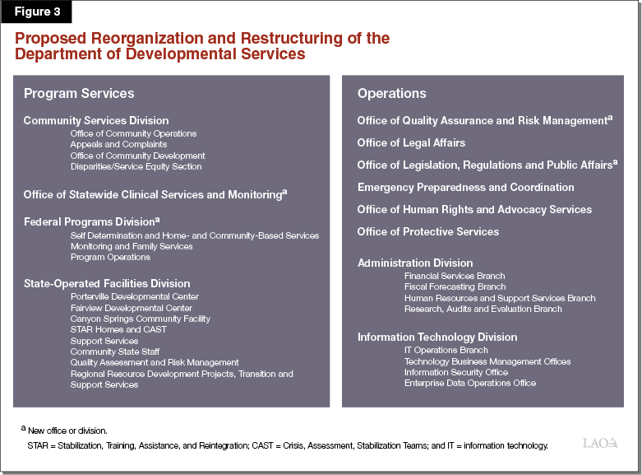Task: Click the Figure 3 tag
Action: pyautogui.click(x=36, y=12)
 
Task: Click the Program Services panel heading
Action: pyautogui.click(x=79, y=94)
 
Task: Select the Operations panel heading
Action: pyautogui.click(x=391, y=94)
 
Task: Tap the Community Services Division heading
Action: pyautogui.click(x=96, y=121)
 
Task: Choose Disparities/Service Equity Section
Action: pyautogui.click(x=136, y=166)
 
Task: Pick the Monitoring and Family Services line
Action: pyautogui.click(x=132, y=246)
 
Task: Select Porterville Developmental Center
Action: pyautogui.click(x=135, y=296)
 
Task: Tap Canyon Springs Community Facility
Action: pyautogui.click(x=141, y=319)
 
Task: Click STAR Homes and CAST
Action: pyautogui.click(x=118, y=329)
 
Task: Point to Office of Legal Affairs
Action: pyautogui.click(x=411, y=143)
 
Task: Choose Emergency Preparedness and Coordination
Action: pyautogui.click(x=465, y=188)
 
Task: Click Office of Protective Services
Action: pyautogui.click(x=427, y=232)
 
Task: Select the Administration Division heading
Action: pyautogui.click(x=415, y=263)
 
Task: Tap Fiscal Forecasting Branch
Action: pyautogui.click(x=455, y=286)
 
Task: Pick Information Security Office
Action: pyautogui.click(x=455, y=372)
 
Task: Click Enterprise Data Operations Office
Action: pyautogui.click(x=469, y=383)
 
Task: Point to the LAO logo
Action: pyautogui.click(x=600, y=444)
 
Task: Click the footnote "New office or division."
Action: pyautogui.click(x=66, y=431)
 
